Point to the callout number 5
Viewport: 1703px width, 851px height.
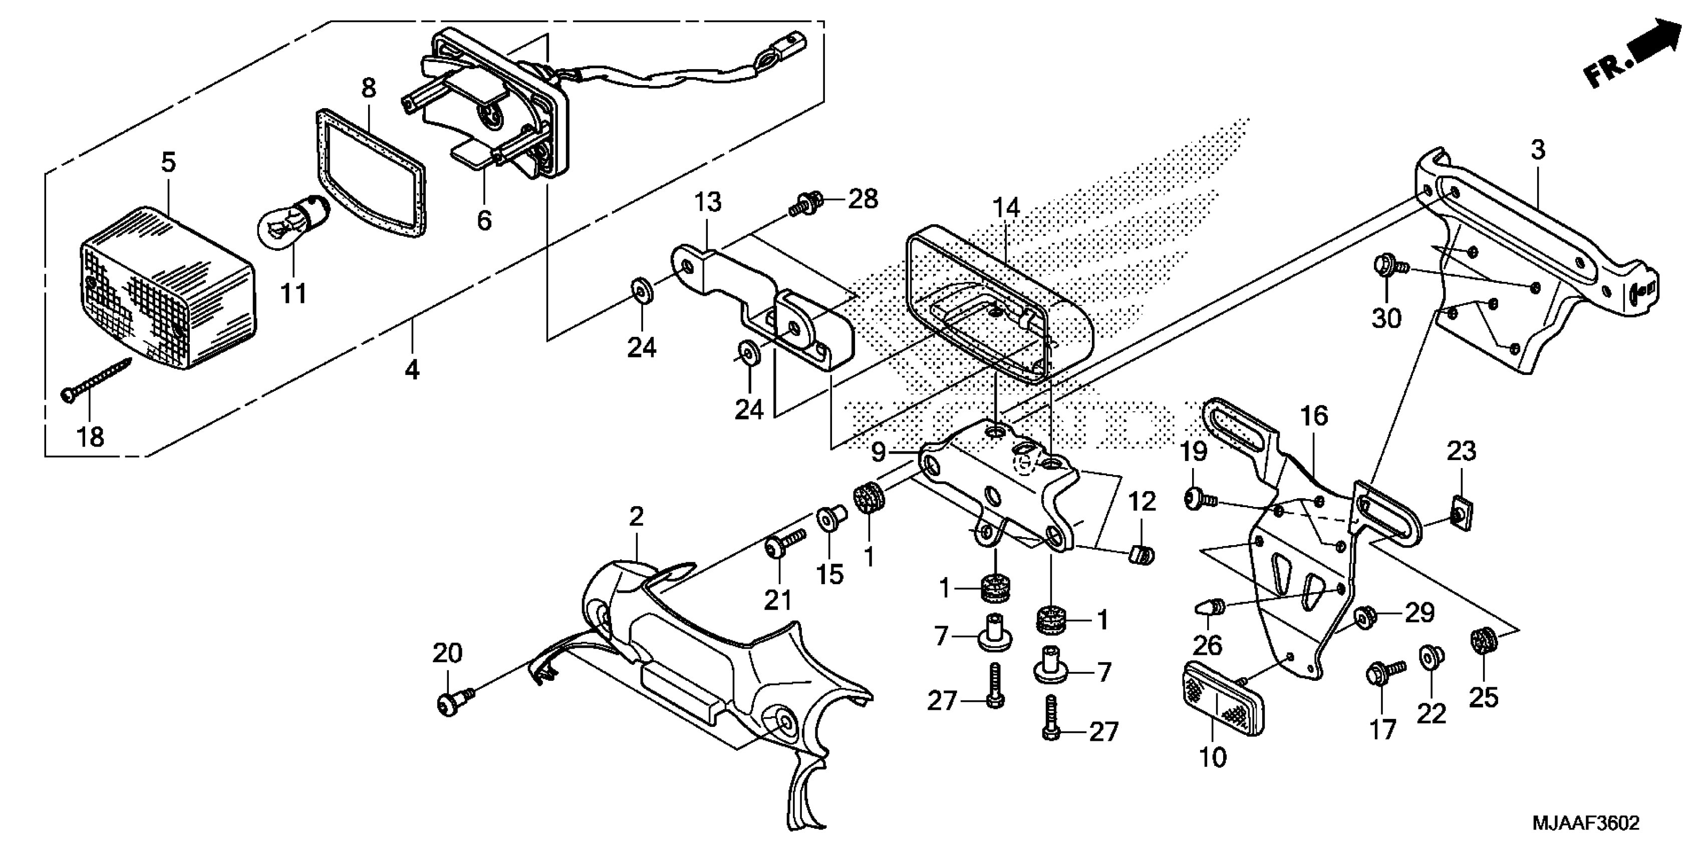tap(169, 162)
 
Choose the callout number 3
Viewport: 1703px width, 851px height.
tap(1538, 151)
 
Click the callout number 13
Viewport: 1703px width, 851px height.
tap(707, 202)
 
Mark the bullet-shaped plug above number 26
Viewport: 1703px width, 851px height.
tap(1209, 605)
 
